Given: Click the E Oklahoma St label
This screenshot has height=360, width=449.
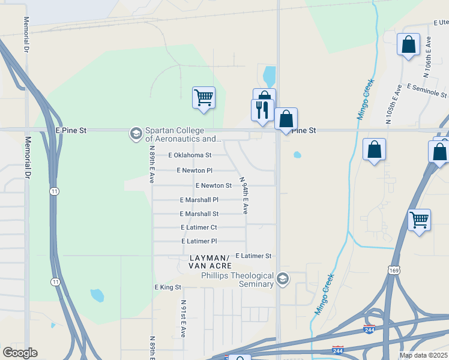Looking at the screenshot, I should [190, 155].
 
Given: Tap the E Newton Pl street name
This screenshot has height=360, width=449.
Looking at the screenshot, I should [194, 170].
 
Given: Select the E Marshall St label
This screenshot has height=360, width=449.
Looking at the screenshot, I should [199, 214].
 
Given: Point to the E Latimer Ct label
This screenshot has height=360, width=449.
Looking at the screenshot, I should [199, 227].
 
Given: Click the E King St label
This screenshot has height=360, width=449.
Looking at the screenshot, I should [167, 287].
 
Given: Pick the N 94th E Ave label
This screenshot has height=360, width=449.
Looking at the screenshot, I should [244, 196].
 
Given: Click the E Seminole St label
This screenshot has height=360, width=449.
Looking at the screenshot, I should [427, 91].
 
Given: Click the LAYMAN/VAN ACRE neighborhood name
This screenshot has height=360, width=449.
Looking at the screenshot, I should [209, 261].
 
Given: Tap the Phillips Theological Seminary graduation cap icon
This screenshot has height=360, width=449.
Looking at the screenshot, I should [283, 279].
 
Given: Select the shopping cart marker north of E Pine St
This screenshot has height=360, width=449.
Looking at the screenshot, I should [203, 97].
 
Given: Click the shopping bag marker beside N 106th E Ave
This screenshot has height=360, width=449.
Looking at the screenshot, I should [408, 44].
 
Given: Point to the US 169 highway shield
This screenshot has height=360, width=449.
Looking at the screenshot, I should [394, 271].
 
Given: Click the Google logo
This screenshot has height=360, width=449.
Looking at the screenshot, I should [20, 352].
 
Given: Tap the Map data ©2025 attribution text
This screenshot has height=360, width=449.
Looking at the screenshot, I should [424, 355].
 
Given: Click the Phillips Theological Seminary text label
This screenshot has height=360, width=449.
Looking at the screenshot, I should [237, 280].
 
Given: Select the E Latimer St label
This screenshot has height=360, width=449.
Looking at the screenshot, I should [253, 256].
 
